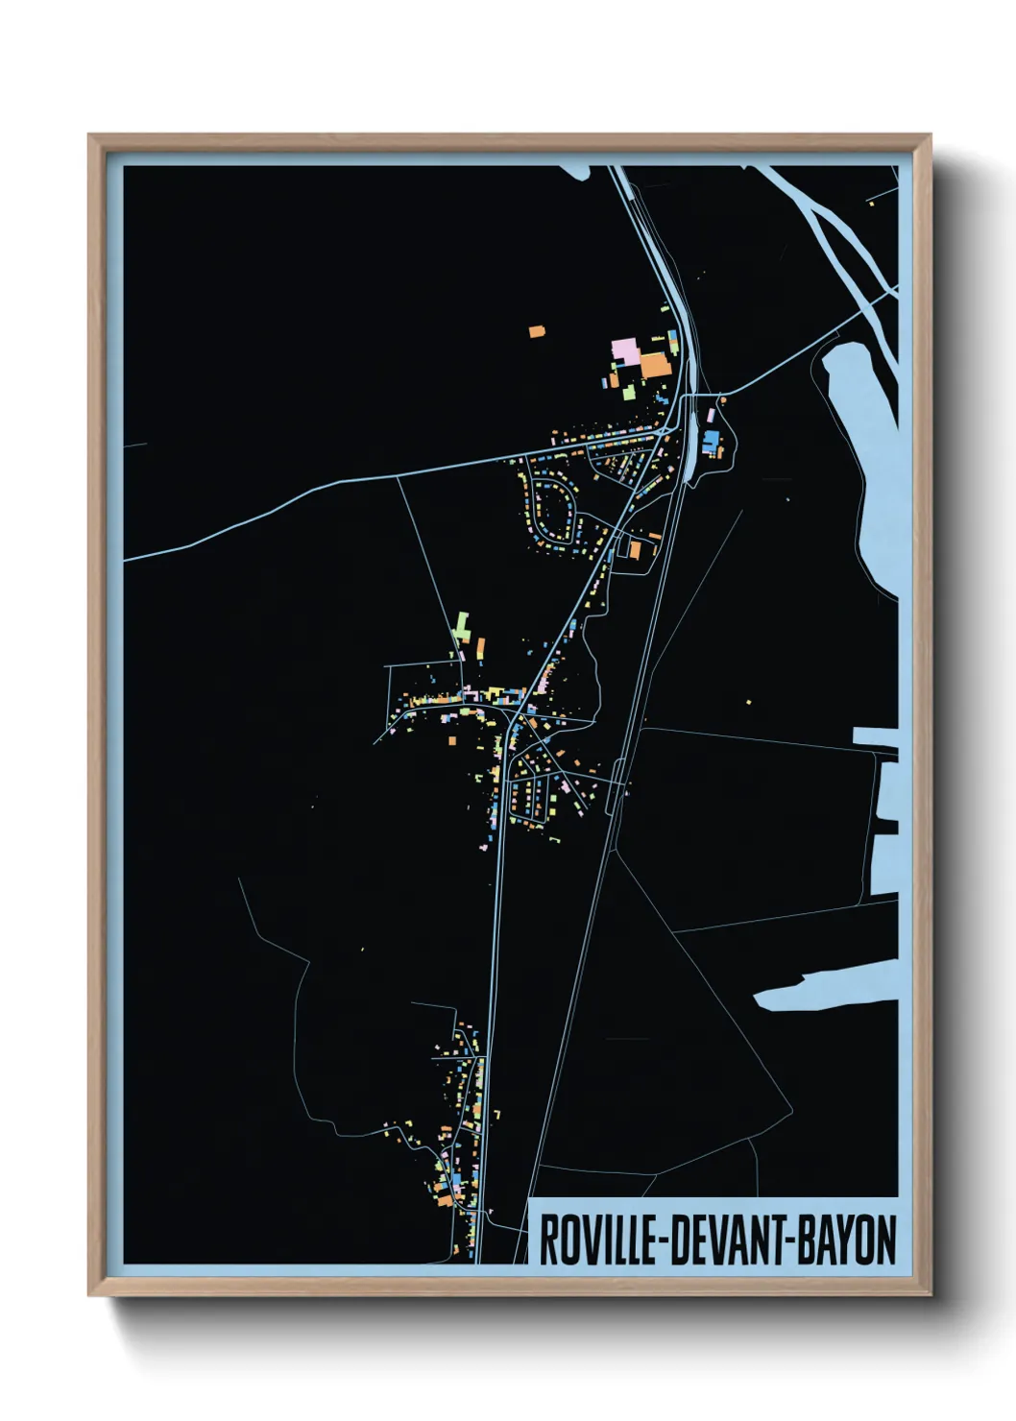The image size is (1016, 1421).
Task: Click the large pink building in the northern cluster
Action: click(x=626, y=351)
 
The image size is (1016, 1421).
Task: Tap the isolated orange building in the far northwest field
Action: click(x=536, y=332)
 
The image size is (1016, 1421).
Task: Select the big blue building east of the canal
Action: click(x=712, y=444)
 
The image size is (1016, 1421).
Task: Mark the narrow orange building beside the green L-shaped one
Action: click(x=480, y=646)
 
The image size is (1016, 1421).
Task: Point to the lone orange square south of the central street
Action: click(x=451, y=740)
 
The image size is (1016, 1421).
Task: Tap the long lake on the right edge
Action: click(x=869, y=451)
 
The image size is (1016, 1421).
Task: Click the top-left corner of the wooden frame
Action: click(x=91, y=137)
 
